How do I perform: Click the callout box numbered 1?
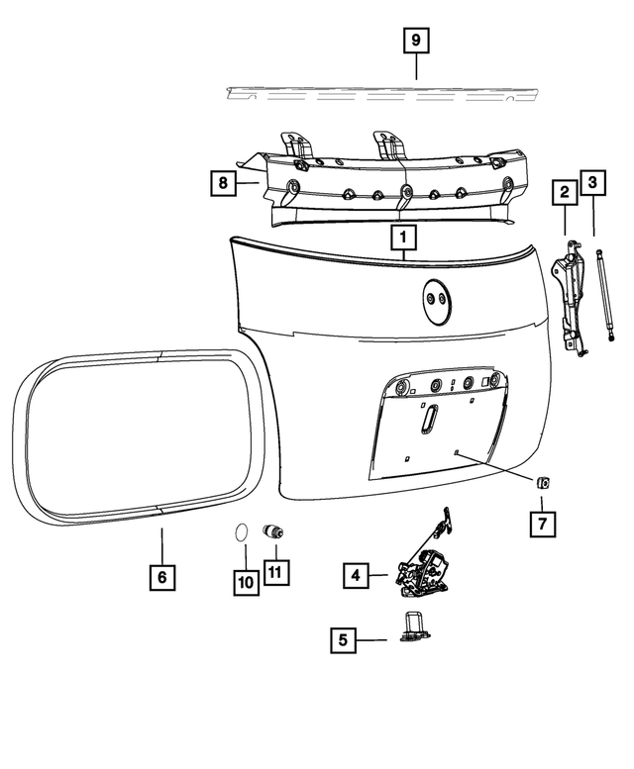[404, 238]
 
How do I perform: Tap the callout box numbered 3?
[592, 183]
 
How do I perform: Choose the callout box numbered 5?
[343, 639]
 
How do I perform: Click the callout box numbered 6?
[162, 575]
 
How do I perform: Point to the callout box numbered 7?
[542, 522]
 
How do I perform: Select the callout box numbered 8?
[223, 182]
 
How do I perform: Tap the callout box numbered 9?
[416, 41]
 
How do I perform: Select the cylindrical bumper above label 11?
[271, 531]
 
